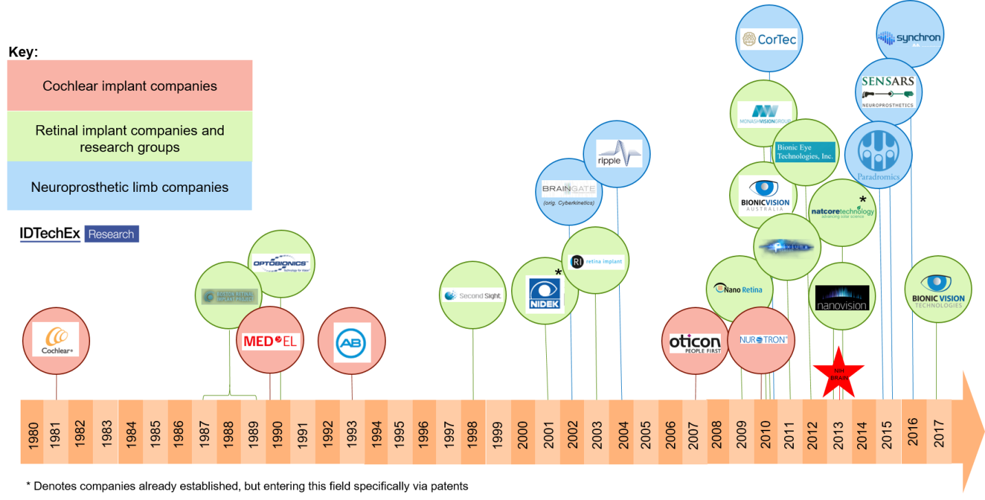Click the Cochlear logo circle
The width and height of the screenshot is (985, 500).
coord(56,339)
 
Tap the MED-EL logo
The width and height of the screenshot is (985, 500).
coord(272,340)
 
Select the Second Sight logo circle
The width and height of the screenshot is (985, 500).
coord(473,296)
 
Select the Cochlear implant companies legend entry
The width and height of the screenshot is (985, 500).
coord(130,86)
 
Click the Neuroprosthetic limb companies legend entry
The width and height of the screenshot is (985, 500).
coord(130,187)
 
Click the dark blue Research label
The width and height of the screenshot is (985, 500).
coord(111,234)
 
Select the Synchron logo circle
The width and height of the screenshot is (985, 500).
coord(909,36)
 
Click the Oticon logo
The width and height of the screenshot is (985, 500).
coord(695,343)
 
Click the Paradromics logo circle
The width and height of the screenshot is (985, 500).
coord(878,156)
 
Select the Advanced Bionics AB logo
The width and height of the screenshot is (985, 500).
coord(352,342)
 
